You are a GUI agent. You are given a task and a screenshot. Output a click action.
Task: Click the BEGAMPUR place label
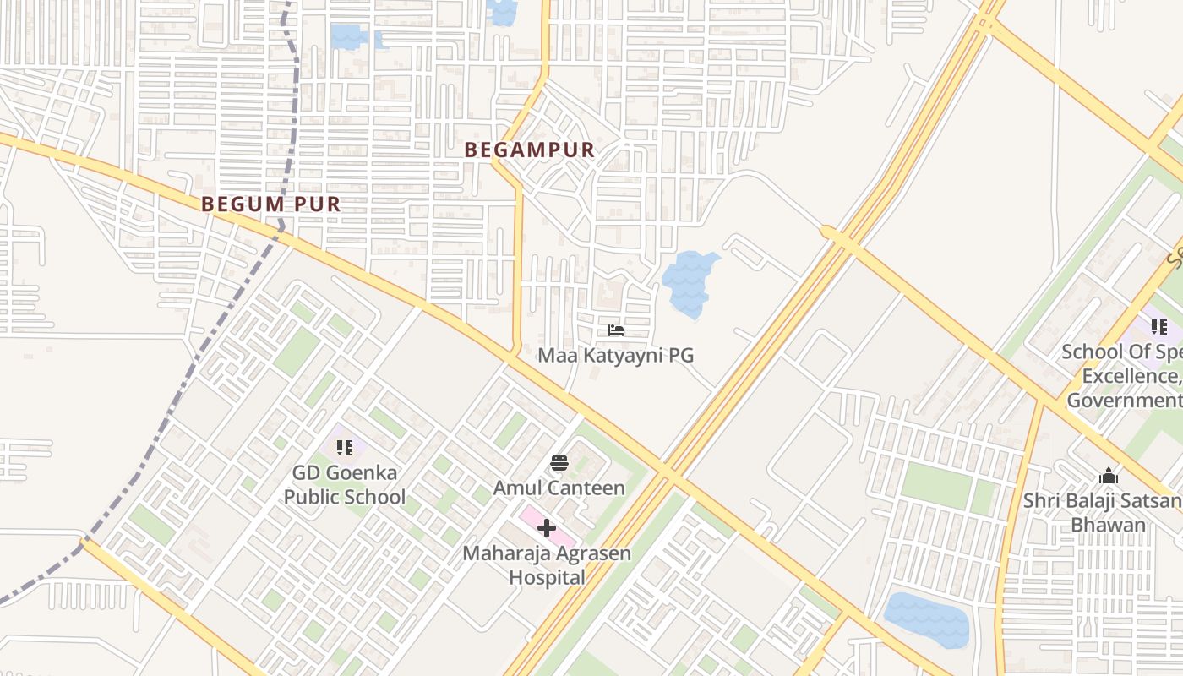point(530,150)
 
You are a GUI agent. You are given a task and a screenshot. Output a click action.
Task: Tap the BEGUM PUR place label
point(271,204)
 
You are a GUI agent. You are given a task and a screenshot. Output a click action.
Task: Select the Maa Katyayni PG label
point(616,355)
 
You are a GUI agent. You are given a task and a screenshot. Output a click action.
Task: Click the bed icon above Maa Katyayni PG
point(616,330)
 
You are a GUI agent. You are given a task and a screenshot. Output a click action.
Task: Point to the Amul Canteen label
point(559,488)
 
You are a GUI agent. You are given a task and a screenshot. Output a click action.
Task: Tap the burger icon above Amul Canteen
point(559,463)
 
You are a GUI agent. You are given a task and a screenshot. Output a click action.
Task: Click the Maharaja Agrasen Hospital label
point(547,566)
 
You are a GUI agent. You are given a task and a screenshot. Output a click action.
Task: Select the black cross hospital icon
point(547,529)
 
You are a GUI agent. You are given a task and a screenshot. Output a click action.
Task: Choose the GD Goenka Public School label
point(344,485)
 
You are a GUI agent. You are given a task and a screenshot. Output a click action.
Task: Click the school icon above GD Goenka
point(344,448)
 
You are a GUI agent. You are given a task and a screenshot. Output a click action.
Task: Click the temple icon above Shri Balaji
point(1108,477)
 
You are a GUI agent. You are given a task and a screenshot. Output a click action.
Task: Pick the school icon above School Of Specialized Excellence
point(1158,326)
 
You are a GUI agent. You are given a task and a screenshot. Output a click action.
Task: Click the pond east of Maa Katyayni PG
point(689,281)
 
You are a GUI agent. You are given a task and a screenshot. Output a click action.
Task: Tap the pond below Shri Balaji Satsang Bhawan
point(926,619)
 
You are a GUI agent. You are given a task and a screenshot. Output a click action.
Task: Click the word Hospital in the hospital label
point(547,578)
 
